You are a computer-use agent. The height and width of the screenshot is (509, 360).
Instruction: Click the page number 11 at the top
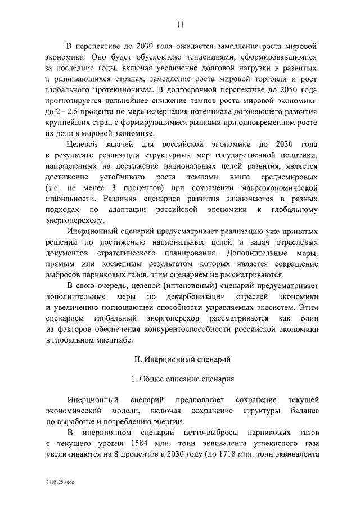pos(180,24)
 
